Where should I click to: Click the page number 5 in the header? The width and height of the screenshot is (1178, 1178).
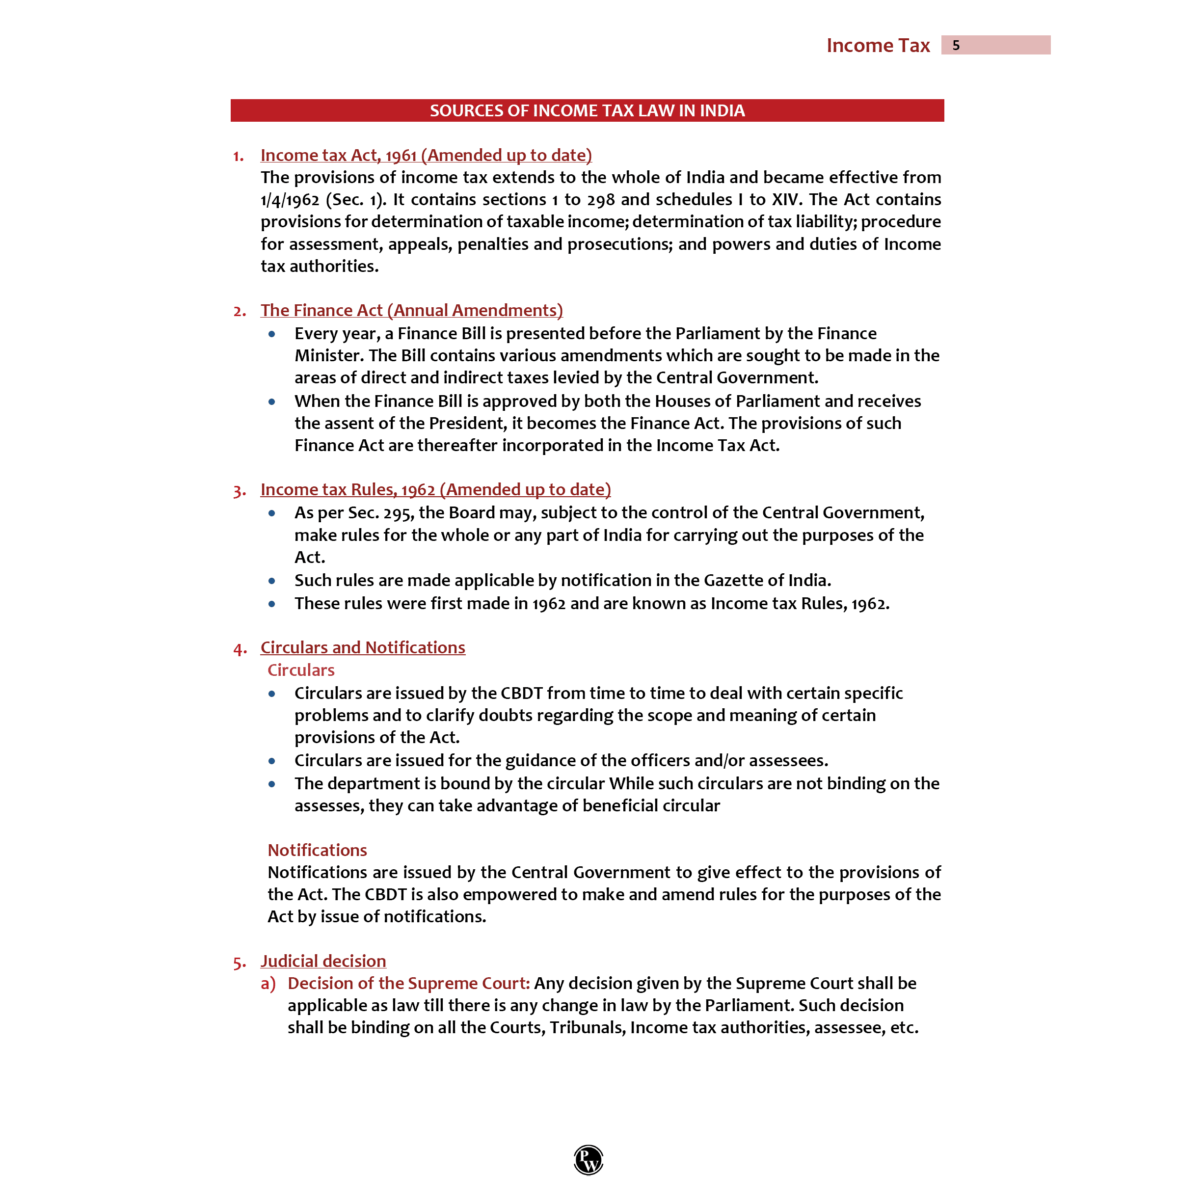956,45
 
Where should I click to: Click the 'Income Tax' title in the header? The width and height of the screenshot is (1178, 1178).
878,45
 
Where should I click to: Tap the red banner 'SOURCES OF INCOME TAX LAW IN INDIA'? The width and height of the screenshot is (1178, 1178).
587,110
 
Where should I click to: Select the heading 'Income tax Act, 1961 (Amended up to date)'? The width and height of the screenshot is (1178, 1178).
426,155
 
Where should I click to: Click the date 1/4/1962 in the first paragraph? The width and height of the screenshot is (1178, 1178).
290,200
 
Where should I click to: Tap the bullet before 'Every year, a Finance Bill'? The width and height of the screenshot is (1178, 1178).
272,334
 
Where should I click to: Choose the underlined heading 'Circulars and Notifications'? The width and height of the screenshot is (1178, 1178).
362,647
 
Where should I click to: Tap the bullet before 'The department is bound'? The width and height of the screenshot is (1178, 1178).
272,784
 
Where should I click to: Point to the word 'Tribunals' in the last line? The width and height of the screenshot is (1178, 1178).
587,1027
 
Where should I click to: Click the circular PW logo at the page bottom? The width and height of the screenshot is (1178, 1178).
589,1159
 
